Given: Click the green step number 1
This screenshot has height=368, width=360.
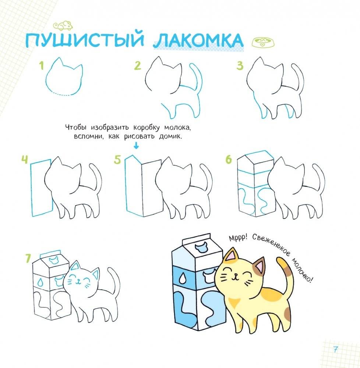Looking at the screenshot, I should coord(42,66).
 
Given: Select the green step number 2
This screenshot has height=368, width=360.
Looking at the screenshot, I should coord(138,65).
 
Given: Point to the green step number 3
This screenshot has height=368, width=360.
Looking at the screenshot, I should coord(240,65).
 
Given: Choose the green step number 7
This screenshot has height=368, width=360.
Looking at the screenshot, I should coord(28,258).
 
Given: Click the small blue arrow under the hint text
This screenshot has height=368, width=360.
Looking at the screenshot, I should coord(136,146).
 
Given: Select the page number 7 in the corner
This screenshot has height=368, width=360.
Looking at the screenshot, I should coord(335,350).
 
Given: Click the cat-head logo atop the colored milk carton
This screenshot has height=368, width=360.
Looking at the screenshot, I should coord(201,248).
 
